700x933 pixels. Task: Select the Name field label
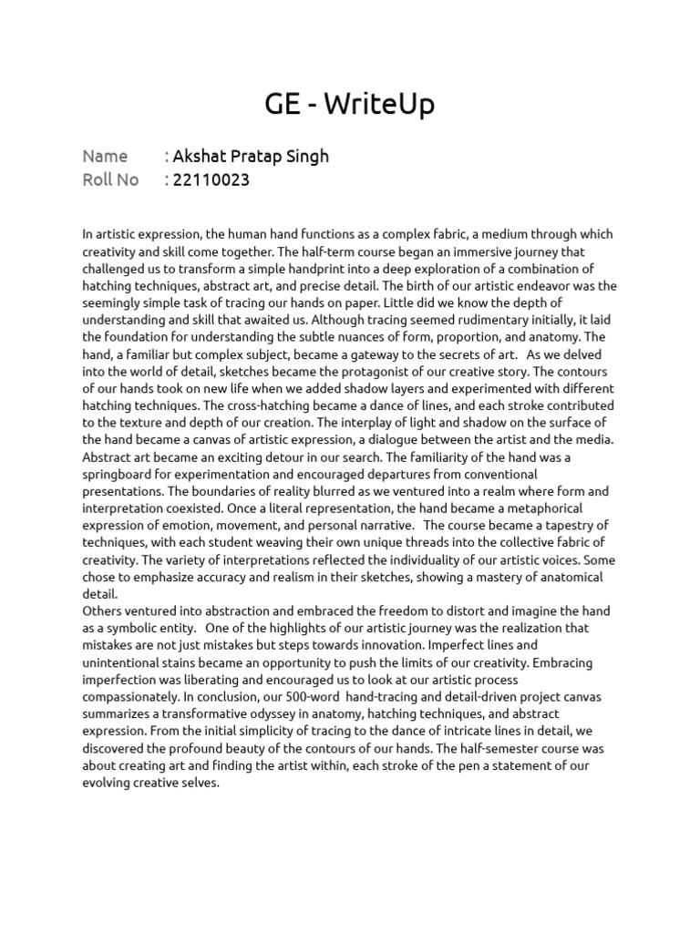(x=105, y=156)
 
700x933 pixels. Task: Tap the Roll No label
(x=110, y=179)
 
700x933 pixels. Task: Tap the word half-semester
(x=518, y=748)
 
